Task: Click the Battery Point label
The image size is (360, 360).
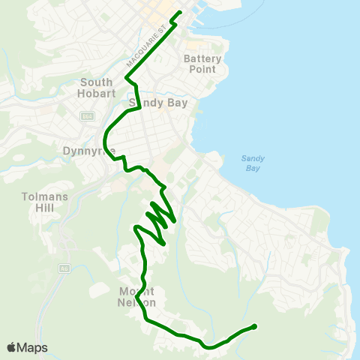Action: pos(199,64)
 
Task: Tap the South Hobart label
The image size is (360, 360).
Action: pos(96,88)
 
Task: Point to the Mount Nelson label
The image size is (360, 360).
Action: pos(136,297)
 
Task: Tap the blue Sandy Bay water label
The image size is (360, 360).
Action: pos(250,163)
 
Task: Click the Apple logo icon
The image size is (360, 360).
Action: pos(11,347)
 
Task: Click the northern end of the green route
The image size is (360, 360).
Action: pos(179,13)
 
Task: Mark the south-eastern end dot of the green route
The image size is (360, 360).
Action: pos(254,326)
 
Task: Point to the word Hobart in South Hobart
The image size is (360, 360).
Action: pos(96,94)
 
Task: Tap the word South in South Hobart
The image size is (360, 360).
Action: pos(96,82)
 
